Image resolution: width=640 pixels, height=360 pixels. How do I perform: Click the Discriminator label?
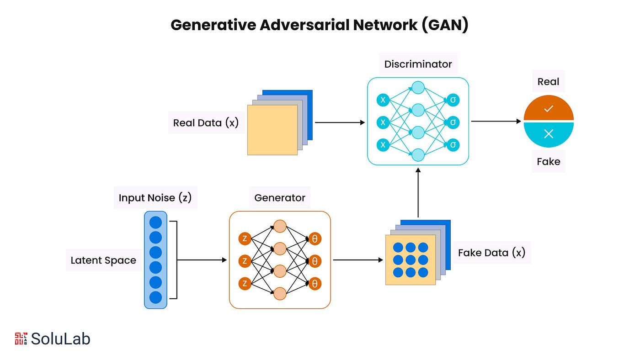(x=418, y=64)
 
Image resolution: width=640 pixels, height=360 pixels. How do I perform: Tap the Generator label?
(x=280, y=197)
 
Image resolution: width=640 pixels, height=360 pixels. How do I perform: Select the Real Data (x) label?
(x=206, y=123)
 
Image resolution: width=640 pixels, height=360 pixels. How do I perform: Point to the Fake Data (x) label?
(x=492, y=253)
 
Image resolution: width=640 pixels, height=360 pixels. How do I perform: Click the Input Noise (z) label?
(x=155, y=197)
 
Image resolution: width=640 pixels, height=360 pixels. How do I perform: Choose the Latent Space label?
(x=103, y=260)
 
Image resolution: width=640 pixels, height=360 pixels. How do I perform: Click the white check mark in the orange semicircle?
(x=549, y=109)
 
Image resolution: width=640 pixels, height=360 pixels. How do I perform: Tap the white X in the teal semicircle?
(x=549, y=133)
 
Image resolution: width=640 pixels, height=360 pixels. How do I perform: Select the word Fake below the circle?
(x=548, y=162)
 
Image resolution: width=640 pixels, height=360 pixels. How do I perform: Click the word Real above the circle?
(x=548, y=82)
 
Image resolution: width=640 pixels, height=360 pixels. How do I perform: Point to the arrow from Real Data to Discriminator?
(x=340, y=122)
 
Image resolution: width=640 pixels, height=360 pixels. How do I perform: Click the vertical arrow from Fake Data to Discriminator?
(x=418, y=193)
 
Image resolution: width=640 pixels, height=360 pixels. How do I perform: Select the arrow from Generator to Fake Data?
(x=358, y=260)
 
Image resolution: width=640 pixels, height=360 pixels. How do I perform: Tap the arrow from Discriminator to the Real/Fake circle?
(x=496, y=122)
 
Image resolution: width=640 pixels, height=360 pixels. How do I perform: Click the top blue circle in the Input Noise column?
(x=156, y=222)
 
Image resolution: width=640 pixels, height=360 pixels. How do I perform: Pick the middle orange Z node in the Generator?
(x=245, y=261)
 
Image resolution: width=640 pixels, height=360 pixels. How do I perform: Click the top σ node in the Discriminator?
(x=453, y=100)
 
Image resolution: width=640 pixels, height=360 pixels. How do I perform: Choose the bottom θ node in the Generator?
(x=315, y=284)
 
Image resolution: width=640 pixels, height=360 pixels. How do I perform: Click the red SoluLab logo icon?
(x=21, y=339)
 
